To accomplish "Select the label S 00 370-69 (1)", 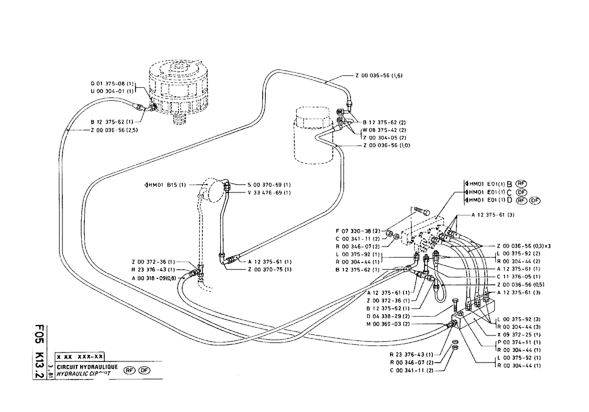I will [269, 185].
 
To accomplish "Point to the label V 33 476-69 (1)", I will [269, 192].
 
